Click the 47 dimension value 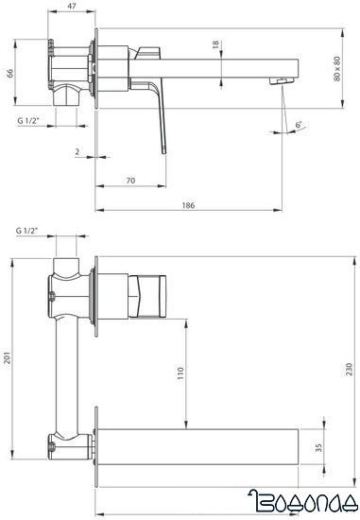click(72, 6)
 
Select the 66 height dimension click(10, 74)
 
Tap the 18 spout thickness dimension click(215, 44)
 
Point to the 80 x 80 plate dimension click(337, 69)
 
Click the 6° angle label click(299, 125)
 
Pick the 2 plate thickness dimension click(77, 152)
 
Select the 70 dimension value click(130, 181)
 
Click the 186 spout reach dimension click(188, 205)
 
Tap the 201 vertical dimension click(8, 357)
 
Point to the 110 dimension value click(180, 373)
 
